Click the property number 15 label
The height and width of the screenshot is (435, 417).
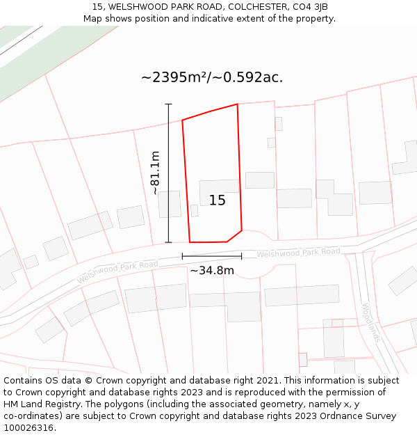(x=217, y=200)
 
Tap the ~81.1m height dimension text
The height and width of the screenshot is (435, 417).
(x=155, y=173)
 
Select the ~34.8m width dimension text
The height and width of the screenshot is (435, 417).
(x=212, y=270)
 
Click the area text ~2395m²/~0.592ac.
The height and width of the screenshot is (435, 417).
(x=212, y=77)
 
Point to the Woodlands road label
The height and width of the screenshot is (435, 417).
(x=370, y=322)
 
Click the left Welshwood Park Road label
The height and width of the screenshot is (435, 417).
(x=117, y=271)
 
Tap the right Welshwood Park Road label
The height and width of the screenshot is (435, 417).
(x=298, y=253)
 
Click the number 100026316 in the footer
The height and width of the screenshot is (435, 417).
(x=29, y=428)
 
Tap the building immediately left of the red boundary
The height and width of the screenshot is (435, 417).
(x=170, y=204)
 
